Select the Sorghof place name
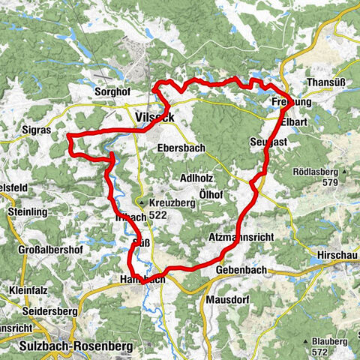click(x=112, y=92)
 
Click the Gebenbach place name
click(x=239, y=269)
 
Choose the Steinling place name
click(x=28, y=212)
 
